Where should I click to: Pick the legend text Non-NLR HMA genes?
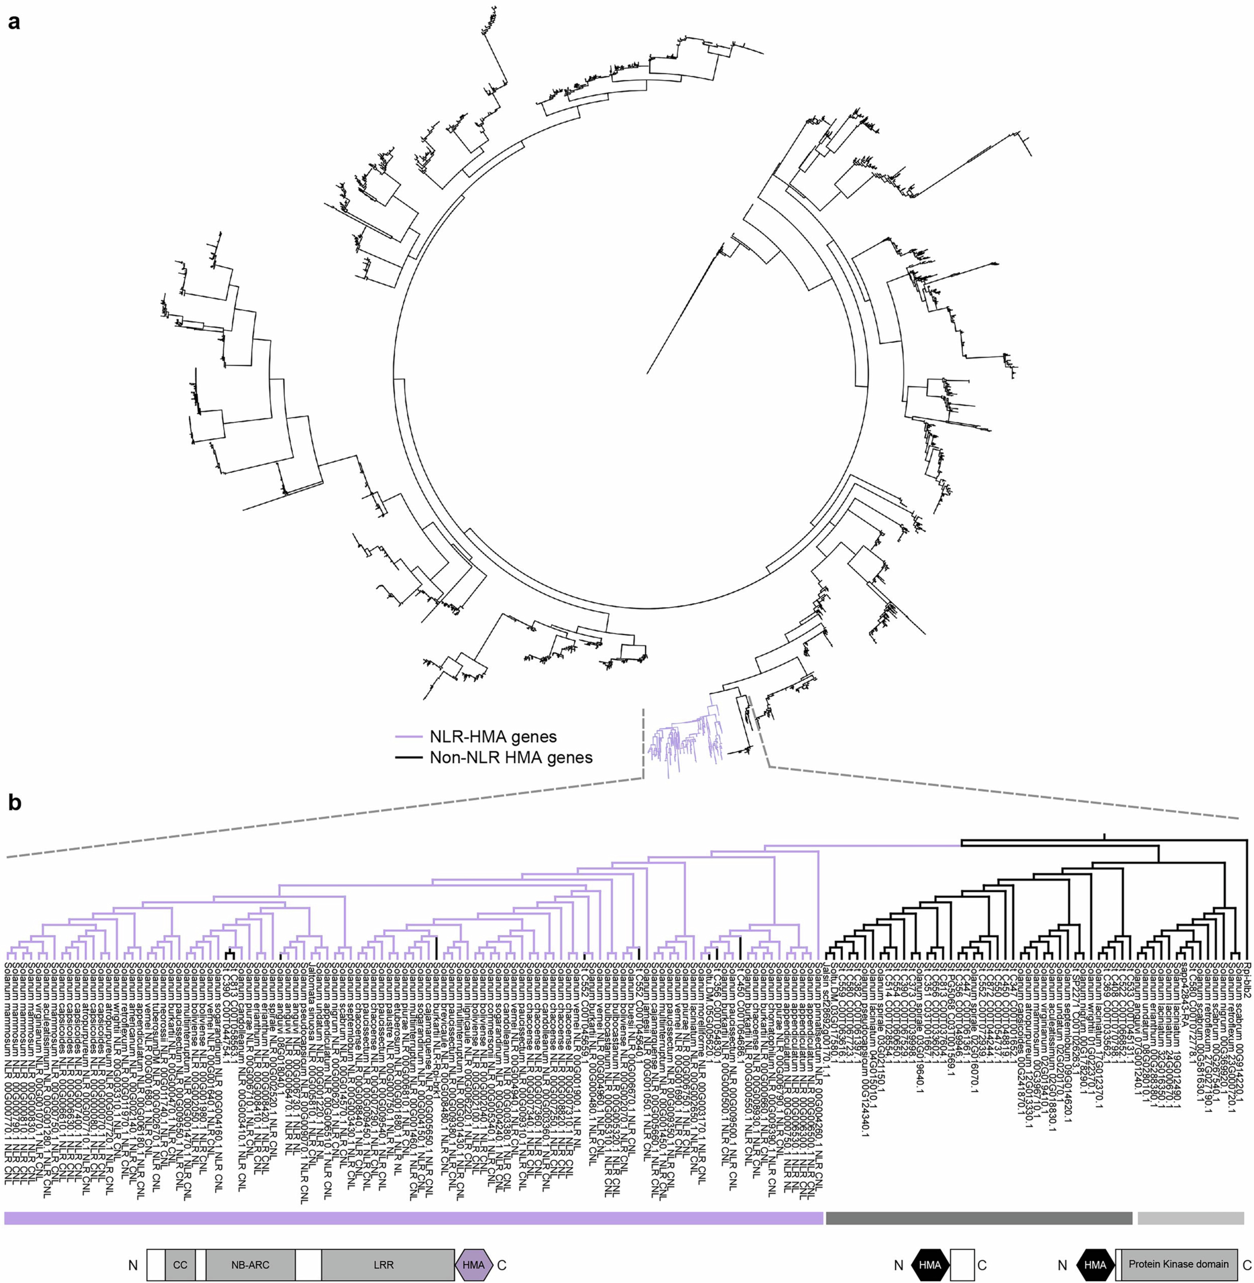point(511,758)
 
